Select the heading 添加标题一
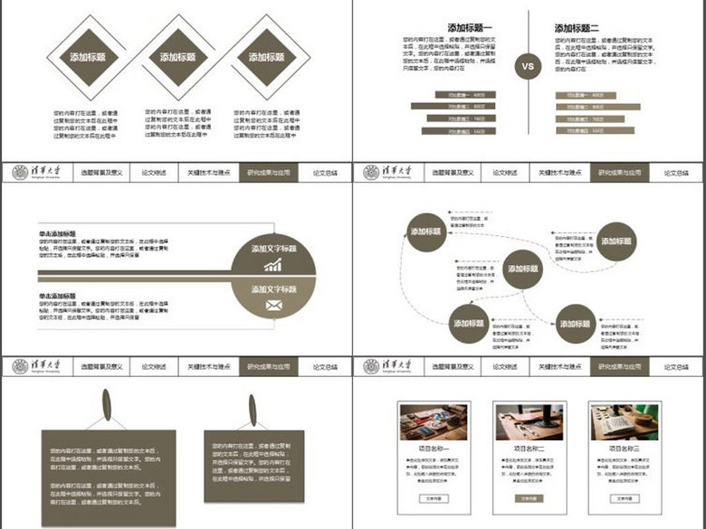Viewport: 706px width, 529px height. coord(470,28)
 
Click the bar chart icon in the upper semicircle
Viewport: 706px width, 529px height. coord(272,265)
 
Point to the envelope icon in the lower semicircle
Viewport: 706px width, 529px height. coord(272,306)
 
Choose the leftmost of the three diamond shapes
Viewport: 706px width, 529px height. coord(88,57)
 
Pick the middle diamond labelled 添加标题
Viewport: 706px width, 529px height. coord(177,57)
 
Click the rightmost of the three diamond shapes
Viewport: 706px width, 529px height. coord(266,57)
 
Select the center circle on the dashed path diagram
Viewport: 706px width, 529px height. coord(522,269)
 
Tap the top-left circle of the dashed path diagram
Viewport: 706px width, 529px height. coord(425,231)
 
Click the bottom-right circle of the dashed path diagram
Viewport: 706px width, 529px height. coord(576,323)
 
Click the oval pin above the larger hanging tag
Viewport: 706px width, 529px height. coord(107,405)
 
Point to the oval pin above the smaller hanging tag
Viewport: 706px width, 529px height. coord(252,410)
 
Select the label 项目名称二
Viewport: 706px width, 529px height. coord(529,449)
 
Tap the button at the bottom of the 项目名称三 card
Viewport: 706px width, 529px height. coord(623,498)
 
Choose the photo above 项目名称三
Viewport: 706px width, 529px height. coord(623,422)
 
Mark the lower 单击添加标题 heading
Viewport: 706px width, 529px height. coord(56,296)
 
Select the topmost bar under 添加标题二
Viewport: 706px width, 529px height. coord(586,95)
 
